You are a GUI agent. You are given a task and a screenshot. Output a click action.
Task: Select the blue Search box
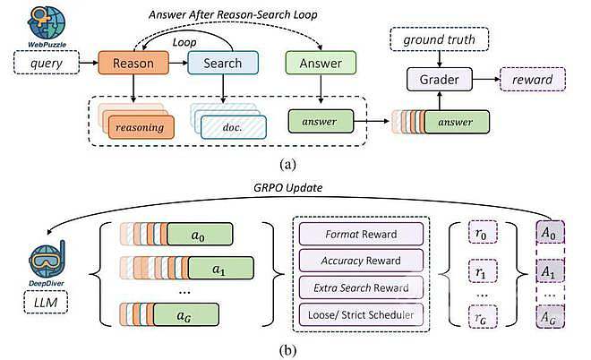click(x=222, y=63)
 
